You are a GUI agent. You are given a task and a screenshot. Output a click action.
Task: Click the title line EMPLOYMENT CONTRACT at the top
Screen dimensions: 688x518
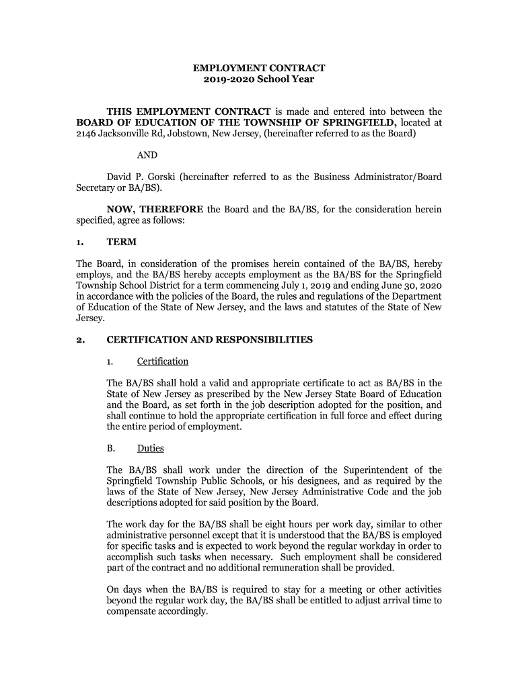click(x=259, y=68)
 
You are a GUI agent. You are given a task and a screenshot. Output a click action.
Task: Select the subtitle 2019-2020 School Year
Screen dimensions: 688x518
click(x=259, y=80)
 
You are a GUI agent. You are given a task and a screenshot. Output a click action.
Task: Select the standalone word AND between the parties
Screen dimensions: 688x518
click(x=147, y=155)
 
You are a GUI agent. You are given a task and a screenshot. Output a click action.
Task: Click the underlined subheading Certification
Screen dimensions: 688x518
click(x=163, y=361)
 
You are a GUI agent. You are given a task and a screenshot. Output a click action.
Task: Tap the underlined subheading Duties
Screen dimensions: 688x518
click(x=151, y=448)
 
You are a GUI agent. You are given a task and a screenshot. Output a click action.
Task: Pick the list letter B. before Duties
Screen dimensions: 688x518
click(x=111, y=448)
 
